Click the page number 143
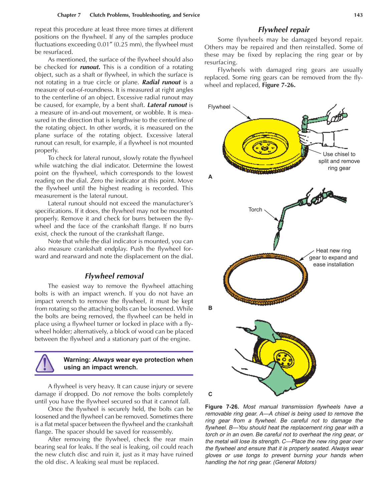(x=358, y=15)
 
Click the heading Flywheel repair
(x=284, y=30)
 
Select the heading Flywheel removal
(x=114, y=276)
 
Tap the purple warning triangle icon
(x=45, y=363)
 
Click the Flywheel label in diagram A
(x=219, y=107)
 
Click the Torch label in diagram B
(x=255, y=210)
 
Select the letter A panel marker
(x=210, y=177)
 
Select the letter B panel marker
(x=210, y=308)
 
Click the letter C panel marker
(x=210, y=394)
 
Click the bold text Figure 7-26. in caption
(x=222, y=407)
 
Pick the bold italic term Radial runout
(x=162, y=82)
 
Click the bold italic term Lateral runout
(x=167, y=105)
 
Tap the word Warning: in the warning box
(x=77, y=360)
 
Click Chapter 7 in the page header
(x=69, y=15)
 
